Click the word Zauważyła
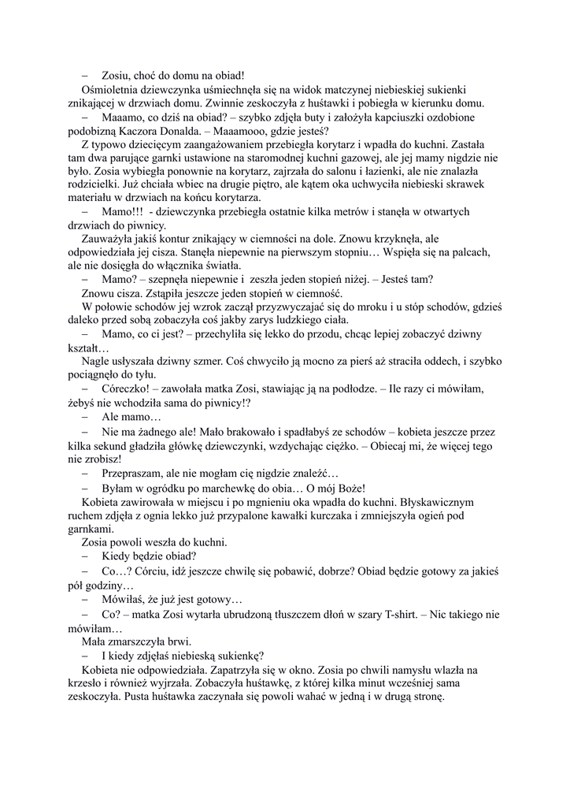tap(110, 239)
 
